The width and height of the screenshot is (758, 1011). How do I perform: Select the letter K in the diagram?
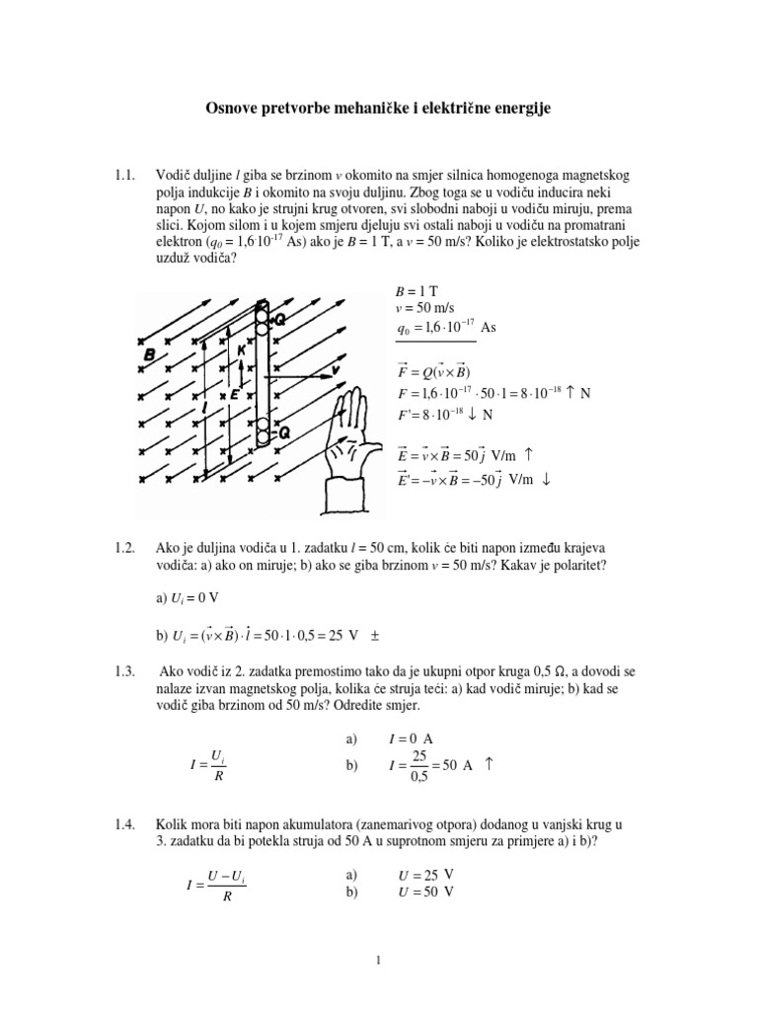[240, 350]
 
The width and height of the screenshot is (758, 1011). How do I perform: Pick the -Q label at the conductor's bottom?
[277, 431]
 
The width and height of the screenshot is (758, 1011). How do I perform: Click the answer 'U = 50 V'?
[425, 892]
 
